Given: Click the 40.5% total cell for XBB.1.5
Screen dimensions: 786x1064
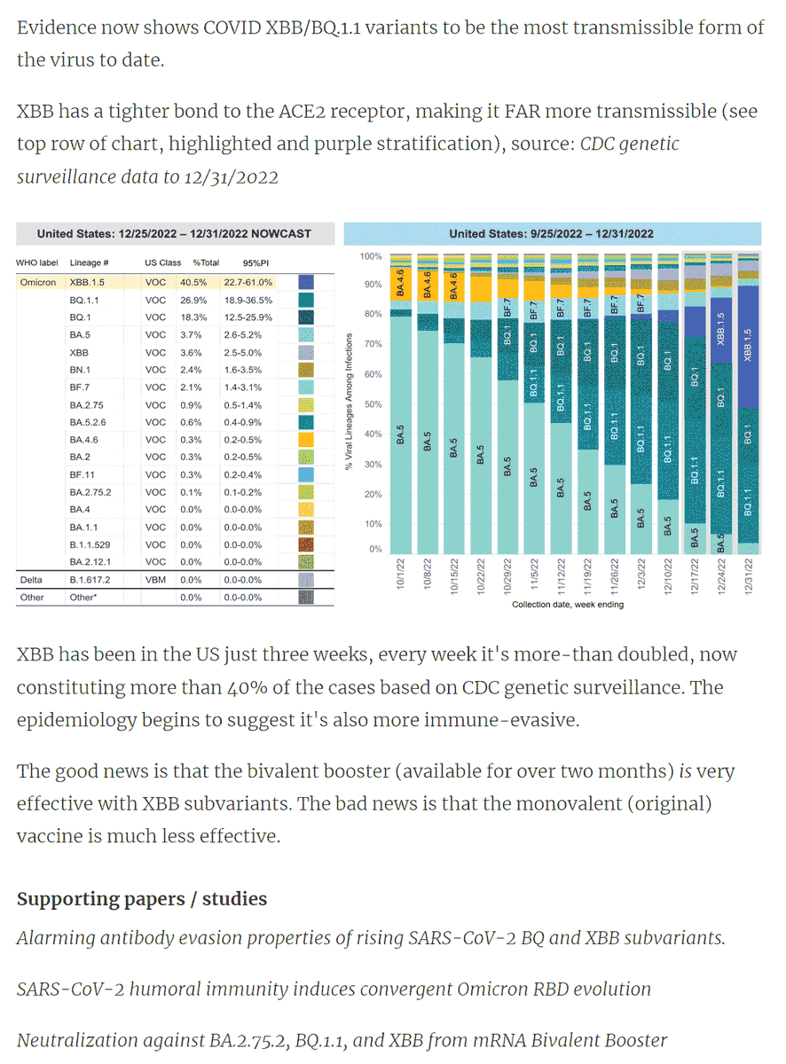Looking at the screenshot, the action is point(193,282).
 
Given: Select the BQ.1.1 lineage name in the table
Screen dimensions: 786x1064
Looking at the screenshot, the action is point(84,301).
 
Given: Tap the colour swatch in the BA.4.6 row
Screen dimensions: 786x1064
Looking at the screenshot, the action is point(306,440).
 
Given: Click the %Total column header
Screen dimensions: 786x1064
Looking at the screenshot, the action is point(206,262).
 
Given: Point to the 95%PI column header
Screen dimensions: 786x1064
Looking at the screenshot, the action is point(255,262).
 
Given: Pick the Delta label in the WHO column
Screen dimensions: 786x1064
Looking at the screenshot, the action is point(31,580).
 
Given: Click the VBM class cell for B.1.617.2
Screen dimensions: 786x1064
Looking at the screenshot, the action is point(155,580).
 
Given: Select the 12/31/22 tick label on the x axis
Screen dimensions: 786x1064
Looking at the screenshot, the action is point(748,576).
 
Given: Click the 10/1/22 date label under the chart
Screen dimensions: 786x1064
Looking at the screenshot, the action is point(400,574).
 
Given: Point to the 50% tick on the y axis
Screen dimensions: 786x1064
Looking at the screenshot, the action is point(373,404).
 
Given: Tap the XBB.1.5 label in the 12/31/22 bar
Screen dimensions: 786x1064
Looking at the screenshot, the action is point(748,345).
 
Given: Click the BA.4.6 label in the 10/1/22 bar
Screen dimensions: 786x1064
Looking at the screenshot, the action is point(400,283).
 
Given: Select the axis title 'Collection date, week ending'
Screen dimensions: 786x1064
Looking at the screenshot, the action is point(568,605).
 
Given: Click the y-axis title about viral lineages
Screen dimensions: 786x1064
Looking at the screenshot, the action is point(349,402).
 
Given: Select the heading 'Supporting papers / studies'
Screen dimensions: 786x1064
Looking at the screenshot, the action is point(142,898).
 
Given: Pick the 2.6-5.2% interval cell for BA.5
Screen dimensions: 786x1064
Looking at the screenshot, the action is point(242,335).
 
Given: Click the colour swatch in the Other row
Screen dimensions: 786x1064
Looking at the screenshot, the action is point(306,597).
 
